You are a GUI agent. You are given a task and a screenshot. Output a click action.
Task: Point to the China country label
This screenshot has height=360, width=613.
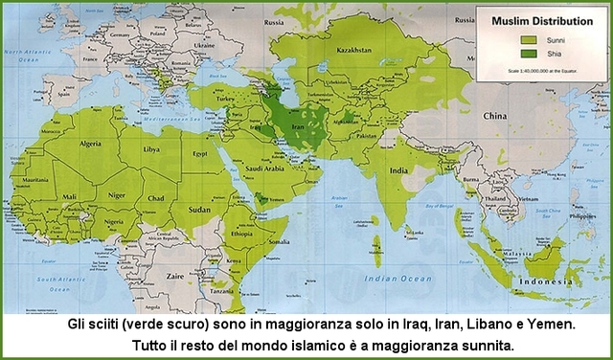(494, 116)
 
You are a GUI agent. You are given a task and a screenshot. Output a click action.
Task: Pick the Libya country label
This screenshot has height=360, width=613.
(150, 150)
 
